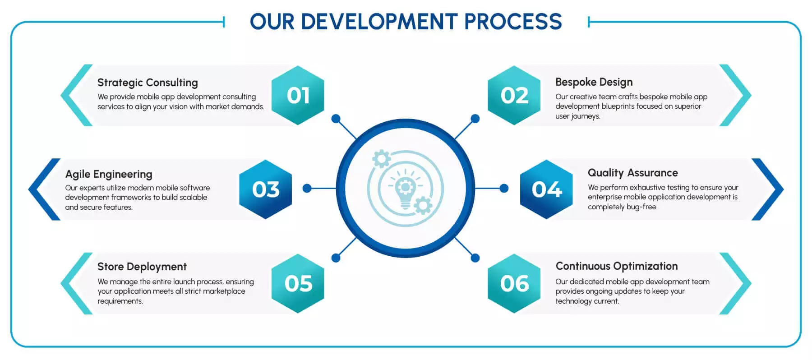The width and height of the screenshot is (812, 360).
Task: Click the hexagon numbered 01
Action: coord(298,95)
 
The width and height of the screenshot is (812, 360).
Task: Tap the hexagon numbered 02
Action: coord(514,95)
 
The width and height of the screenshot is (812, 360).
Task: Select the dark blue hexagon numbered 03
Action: coord(266,189)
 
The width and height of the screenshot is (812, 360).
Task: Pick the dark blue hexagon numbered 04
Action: coord(547,189)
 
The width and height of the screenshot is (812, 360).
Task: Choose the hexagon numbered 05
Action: coord(298,283)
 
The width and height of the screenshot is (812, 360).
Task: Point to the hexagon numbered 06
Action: coord(514,283)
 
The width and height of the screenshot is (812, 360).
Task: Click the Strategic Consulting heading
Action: coord(148,83)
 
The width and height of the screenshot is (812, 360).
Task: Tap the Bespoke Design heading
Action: coord(594,82)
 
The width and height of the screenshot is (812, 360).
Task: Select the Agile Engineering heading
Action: coord(109,174)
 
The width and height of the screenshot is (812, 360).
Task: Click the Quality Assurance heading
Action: coord(632,173)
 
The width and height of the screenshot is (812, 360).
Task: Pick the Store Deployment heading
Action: coord(142,267)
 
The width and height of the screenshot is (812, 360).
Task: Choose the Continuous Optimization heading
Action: coord(617,266)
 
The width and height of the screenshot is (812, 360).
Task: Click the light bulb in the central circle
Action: coord(405,189)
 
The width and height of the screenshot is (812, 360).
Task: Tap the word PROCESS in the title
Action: coord(513,22)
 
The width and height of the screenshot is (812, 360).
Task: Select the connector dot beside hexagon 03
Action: coord(307,188)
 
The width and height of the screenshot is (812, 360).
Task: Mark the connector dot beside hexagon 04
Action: coord(504,188)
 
